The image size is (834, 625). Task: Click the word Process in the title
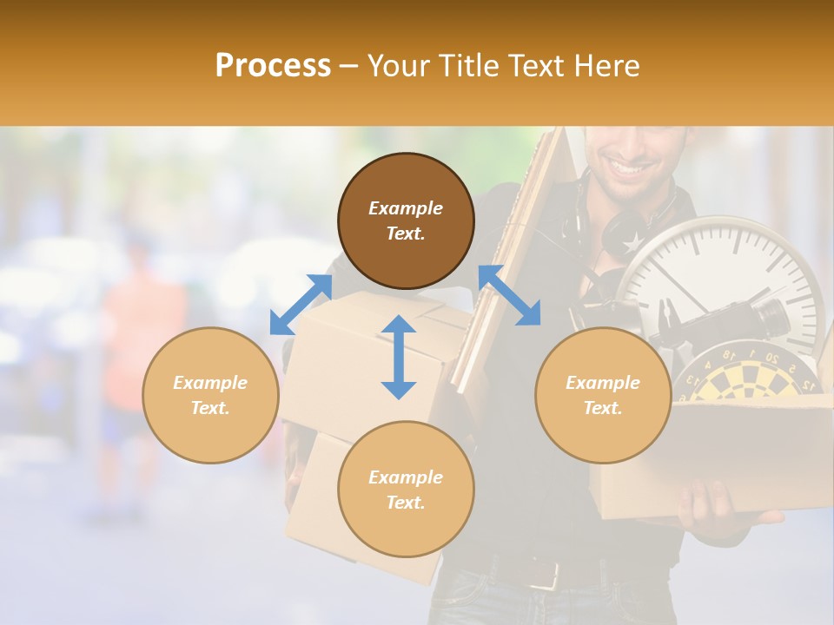click(273, 66)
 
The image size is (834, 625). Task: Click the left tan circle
click(210, 395)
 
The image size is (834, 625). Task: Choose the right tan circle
click(603, 395)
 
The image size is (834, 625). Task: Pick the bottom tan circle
click(406, 489)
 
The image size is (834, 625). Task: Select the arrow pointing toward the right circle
click(509, 295)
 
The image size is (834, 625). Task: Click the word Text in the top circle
click(406, 234)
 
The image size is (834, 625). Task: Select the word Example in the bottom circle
click(406, 477)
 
